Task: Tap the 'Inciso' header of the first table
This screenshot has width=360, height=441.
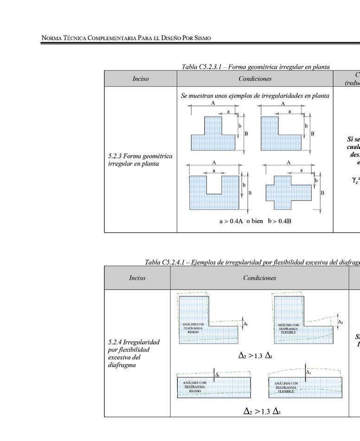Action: [x=140, y=79]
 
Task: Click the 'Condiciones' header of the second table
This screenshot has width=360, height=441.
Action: [x=259, y=278]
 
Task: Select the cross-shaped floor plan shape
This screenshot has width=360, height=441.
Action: [x=289, y=192]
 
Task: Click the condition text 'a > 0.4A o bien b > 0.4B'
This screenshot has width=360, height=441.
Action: [x=255, y=221]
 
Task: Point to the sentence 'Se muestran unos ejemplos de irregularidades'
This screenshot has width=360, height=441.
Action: [x=255, y=96]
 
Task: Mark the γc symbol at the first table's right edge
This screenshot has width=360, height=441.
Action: [x=354, y=179]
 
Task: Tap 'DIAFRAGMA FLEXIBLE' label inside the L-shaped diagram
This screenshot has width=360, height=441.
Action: [x=288, y=329]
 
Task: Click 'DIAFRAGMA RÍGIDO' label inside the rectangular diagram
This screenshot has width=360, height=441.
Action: [x=194, y=387]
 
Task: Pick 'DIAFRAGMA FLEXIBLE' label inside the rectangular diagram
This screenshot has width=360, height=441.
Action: [x=285, y=387]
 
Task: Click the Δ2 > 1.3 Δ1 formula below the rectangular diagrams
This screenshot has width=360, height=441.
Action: [x=262, y=411]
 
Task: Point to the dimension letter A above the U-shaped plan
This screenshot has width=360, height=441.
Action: [x=214, y=163]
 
